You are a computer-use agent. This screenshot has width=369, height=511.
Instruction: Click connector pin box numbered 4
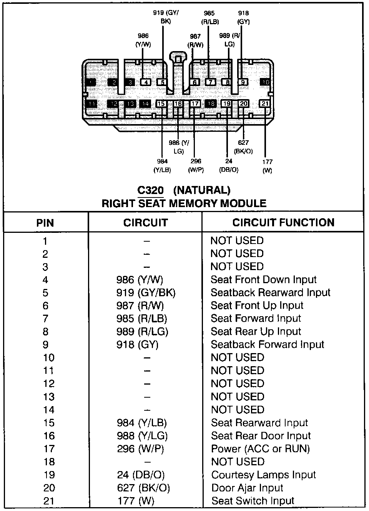tap(145, 82)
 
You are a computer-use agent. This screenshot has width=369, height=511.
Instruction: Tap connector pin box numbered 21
tap(265, 104)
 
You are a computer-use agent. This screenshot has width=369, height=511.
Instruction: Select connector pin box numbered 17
tap(195, 104)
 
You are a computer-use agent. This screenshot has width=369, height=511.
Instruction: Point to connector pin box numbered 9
tap(243, 82)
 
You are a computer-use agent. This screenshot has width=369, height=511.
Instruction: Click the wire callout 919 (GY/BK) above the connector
tap(166, 17)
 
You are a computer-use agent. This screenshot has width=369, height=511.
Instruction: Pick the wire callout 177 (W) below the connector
tap(267, 166)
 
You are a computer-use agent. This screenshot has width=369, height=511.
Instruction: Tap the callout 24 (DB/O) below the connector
tap(229, 165)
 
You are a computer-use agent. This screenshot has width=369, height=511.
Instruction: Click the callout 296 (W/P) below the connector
tap(196, 165)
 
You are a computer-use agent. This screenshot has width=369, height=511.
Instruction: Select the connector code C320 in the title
tap(150, 190)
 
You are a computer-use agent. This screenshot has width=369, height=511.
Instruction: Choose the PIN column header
tap(45, 223)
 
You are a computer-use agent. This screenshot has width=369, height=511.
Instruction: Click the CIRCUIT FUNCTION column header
tap(283, 222)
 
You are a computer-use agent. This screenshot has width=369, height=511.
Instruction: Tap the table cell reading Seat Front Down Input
tap(263, 280)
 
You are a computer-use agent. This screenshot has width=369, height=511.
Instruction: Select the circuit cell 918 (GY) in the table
tap(137, 345)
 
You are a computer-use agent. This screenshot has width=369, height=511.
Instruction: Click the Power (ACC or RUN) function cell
tap(260, 449)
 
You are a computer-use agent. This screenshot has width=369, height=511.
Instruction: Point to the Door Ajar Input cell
tap(247, 488)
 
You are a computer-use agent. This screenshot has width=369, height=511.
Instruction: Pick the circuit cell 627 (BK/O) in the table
tap(143, 488)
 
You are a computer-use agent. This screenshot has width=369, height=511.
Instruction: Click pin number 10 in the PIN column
tap(49, 358)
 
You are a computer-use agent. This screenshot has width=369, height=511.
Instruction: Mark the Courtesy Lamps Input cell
tap(263, 475)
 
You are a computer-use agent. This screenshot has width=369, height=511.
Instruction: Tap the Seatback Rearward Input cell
tap(270, 293)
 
